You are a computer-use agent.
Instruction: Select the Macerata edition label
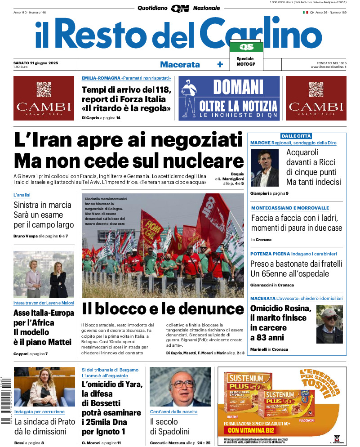tap(180, 64)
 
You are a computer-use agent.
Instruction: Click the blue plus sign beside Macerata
tap(220, 64)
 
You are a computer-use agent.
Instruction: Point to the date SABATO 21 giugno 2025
tap(39, 63)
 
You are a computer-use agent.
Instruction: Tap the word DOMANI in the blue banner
tap(238, 87)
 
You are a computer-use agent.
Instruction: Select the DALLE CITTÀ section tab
tap(296, 136)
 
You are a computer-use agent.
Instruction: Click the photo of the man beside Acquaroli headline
tap(265, 168)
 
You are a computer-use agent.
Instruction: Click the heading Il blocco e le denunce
tap(163, 309)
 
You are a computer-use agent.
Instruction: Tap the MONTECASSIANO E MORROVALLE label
tap(290, 208)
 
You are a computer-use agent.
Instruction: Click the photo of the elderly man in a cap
tap(329, 324)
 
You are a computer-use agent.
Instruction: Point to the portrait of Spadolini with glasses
tap(180, 387)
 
